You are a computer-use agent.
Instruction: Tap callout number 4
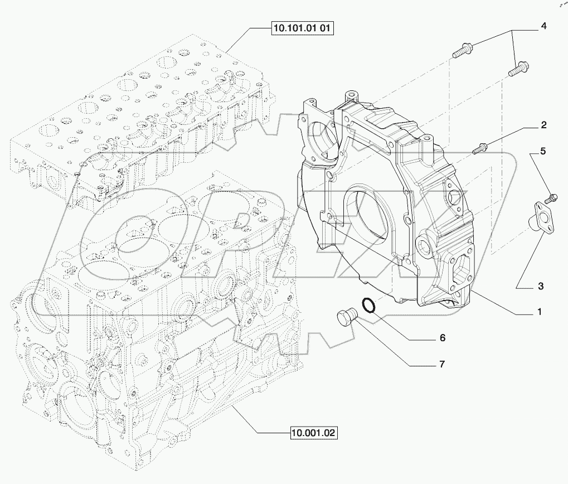(543, 26)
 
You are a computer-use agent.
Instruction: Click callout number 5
(543, 151)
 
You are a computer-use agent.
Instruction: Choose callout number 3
(540, 287)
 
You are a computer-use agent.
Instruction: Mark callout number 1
(540, 313)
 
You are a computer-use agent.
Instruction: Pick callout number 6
(442, 338)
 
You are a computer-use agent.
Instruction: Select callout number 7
(441, 365)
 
